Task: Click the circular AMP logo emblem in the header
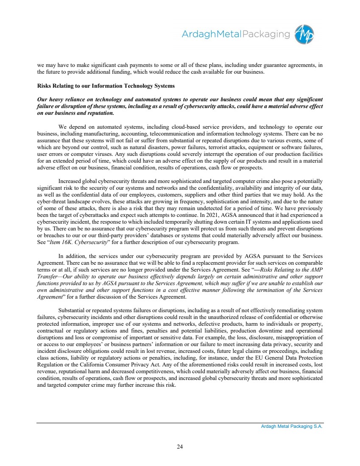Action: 305,34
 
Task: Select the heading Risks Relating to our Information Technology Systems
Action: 106,86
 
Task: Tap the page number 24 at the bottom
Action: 180,446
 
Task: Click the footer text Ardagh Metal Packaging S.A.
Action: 292,427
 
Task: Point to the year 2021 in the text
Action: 220,214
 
